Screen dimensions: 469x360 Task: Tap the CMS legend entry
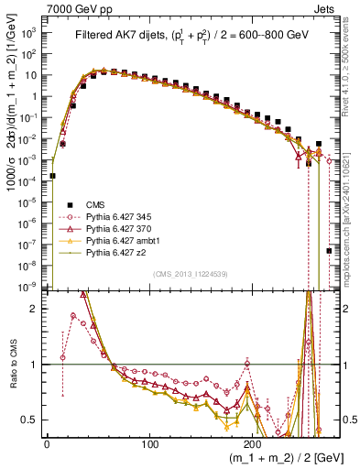click(97, 204)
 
